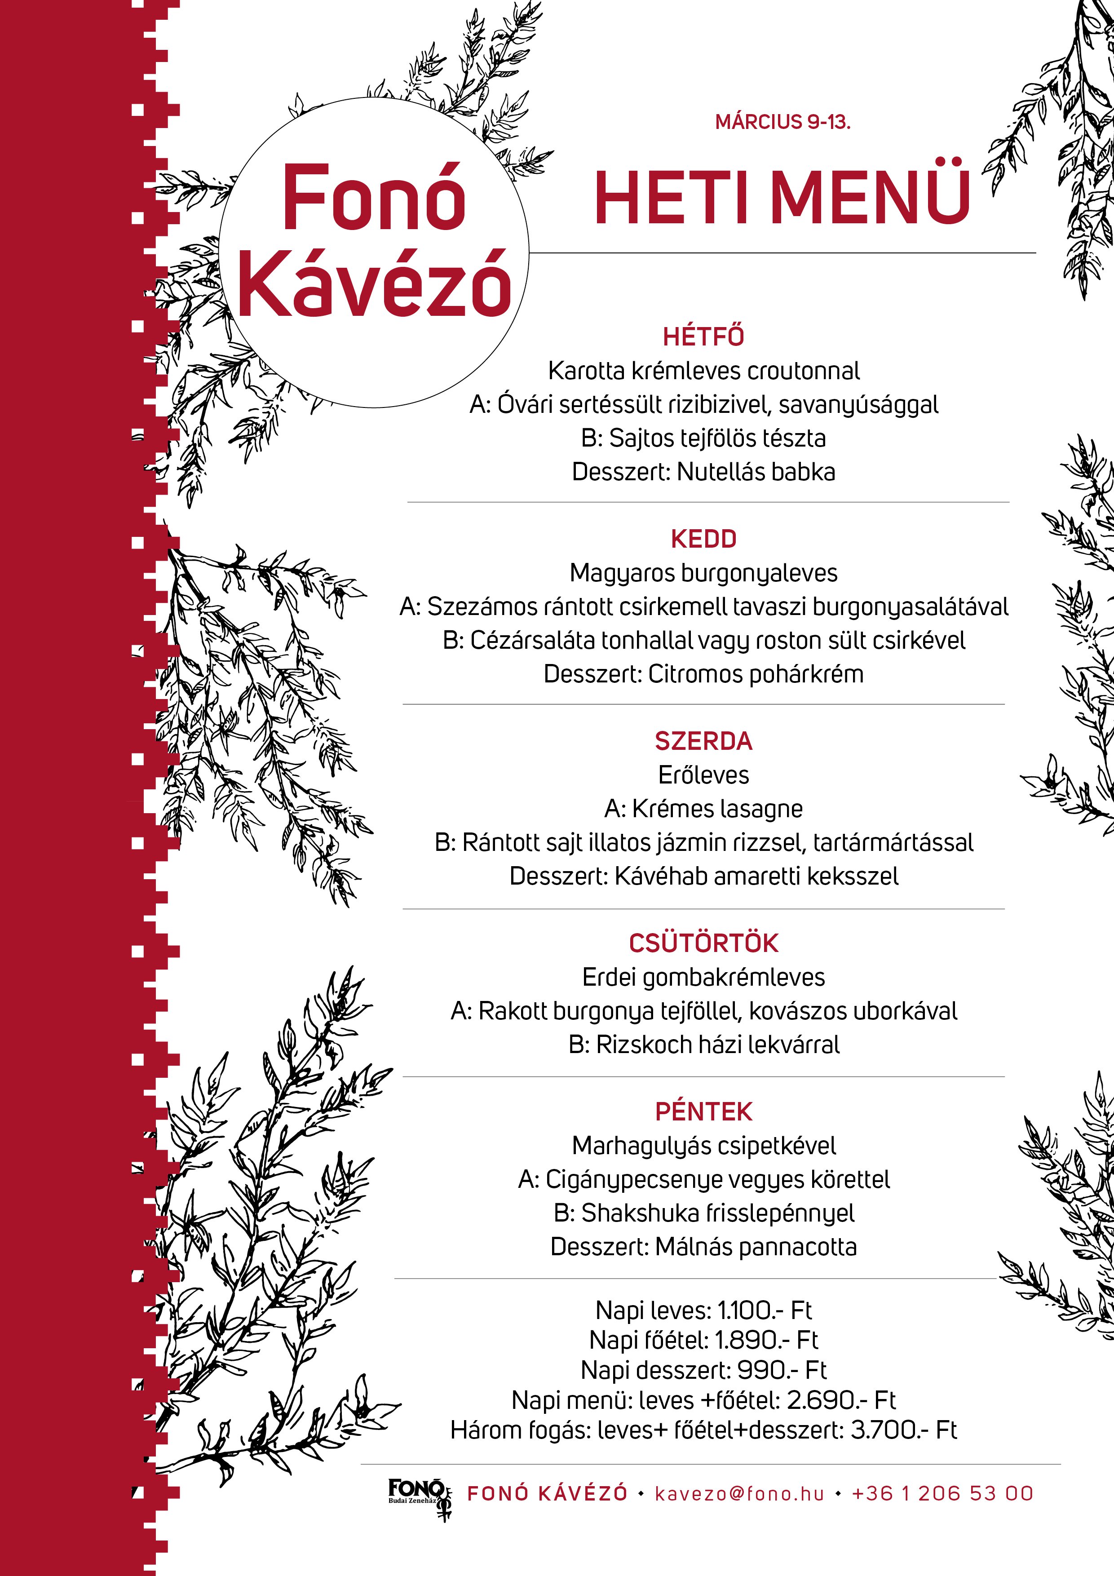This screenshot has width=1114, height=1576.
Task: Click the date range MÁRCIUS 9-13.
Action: click(782, 123)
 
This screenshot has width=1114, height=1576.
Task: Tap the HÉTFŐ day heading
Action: click(703, 337)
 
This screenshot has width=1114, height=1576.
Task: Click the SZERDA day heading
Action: click(703, 741)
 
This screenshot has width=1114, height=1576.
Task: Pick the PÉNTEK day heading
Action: click(703, 1112)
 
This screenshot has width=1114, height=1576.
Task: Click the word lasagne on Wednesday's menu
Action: click(760, 809)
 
